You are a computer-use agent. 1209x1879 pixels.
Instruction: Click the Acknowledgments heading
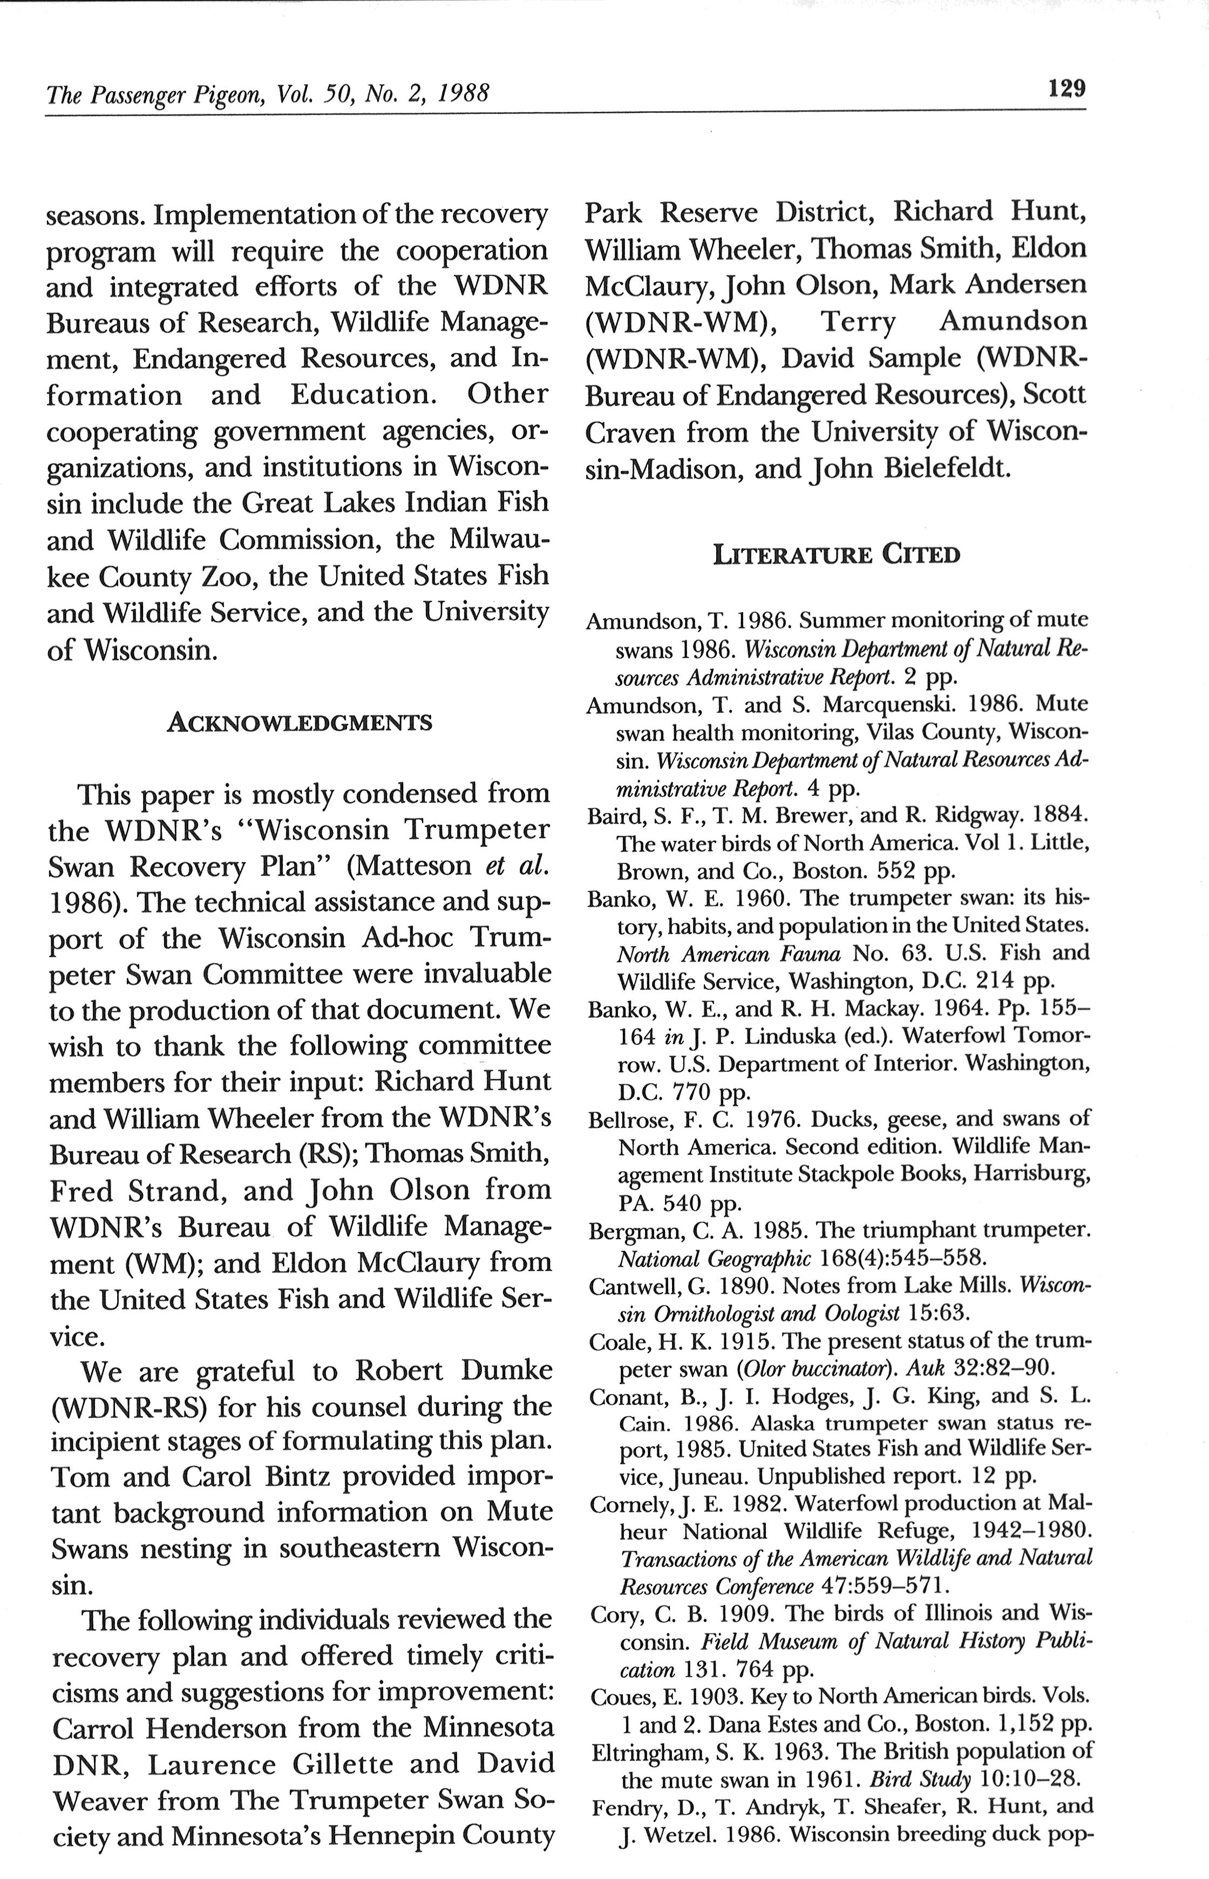[x=299, y=721]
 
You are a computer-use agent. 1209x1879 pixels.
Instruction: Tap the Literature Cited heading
[x=836, y=555]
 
